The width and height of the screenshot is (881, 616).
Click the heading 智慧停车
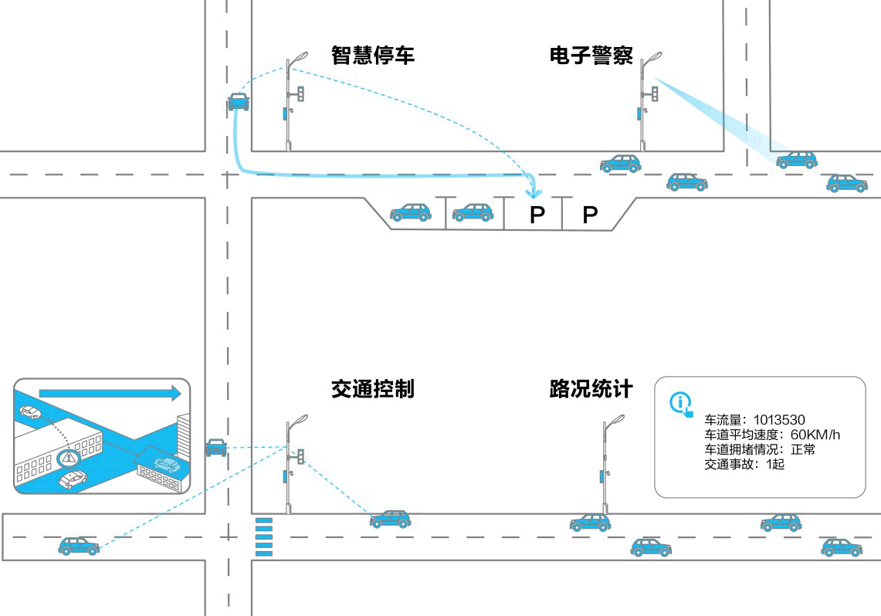pos(373,56)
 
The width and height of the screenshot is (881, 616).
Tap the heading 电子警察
pos(591,56)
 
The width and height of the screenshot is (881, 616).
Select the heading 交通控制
pos(373,388)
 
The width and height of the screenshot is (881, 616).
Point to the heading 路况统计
pos(591,388)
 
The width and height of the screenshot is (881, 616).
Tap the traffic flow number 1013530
pos(779,420)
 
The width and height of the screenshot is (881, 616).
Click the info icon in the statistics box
pos(680,402)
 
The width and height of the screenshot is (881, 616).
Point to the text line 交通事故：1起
pos(744,465)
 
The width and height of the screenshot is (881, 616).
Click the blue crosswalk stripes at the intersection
pos(263,536)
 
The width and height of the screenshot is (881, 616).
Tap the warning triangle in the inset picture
pos(69,458)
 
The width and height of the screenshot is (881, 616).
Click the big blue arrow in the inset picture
pos(109,393)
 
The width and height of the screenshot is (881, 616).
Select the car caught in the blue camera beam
pos(796,160)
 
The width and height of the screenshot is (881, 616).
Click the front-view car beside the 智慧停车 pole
pos(239,101)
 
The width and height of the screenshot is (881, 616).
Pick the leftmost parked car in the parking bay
pos(410,212)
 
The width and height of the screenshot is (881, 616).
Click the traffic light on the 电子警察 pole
pos(655,94)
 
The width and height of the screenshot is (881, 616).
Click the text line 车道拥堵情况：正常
pos(760,449)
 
